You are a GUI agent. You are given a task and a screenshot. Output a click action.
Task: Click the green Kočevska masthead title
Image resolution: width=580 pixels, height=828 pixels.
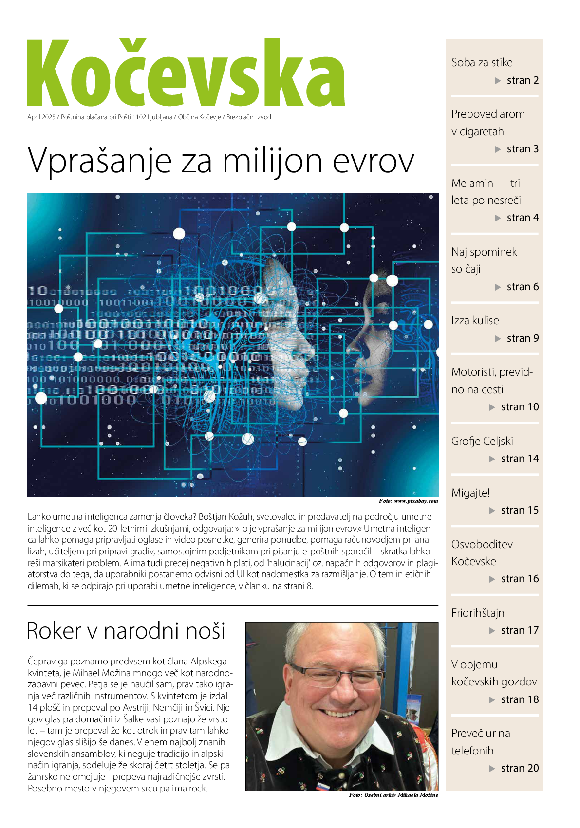[x=186, y=73]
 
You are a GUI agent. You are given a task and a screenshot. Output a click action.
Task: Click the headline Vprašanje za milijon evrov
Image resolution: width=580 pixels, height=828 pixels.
[x=221, y=160]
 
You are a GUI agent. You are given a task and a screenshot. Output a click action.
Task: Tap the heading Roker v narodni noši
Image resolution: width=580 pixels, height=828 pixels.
[x=126, y=630]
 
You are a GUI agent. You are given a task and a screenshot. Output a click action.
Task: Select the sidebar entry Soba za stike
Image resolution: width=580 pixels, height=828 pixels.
[x=482, y=62]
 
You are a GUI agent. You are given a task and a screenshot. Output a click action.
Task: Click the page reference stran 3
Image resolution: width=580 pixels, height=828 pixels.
[x=523, y=149]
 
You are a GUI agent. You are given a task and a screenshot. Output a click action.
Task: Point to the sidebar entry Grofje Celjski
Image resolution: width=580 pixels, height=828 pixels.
[x=482, y=441]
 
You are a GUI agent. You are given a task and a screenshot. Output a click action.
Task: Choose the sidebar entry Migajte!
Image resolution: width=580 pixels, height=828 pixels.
[x=470, y=493]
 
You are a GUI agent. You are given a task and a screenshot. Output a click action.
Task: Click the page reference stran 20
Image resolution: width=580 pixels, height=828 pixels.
[x=520, y=768]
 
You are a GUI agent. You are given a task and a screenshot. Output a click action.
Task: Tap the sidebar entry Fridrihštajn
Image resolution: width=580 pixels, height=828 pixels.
[x=478, y=613]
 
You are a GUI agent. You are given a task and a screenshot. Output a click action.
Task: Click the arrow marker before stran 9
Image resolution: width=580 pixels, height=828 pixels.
[x=498, y=338]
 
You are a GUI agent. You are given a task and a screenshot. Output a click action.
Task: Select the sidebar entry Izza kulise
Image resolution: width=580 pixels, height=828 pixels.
[x=475, y=320]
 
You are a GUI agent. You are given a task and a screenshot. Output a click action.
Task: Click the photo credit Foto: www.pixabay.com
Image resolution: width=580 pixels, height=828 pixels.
[x=408, y=501]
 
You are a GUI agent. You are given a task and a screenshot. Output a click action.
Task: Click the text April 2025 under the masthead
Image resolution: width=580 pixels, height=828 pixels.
[x=41, y=117]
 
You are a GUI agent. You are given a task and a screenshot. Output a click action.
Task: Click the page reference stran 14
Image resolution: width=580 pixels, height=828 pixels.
[x=520, y=459]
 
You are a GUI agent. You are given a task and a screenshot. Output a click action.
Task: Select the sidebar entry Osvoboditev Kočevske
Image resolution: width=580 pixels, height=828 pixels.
[x=482, y=552]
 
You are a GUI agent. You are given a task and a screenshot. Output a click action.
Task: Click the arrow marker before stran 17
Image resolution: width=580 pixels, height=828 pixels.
[x=492, y=631]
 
